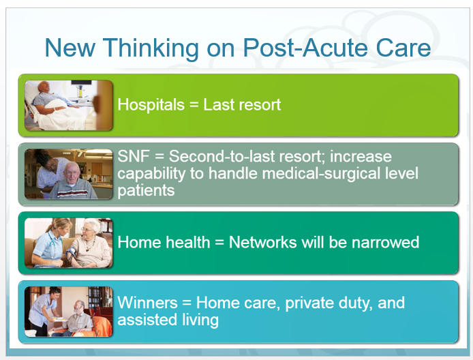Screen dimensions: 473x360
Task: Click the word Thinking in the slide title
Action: pyautogui.click(x=151, y=48)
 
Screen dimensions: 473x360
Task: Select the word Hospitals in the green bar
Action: pyautogui.click(x=151, y=105)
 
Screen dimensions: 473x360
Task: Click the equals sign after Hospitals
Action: pyautogui.click(x=194, y=105)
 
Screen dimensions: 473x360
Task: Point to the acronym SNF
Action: pyautogui.click(x=134, y=156)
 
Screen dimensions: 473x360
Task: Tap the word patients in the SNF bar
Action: pyautogui.click(x=146, y=191)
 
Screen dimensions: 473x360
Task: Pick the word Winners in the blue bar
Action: pyautogui.click(x=147, y=302)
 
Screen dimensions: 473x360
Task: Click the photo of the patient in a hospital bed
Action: pyautogui.click(x=69, y=105)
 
